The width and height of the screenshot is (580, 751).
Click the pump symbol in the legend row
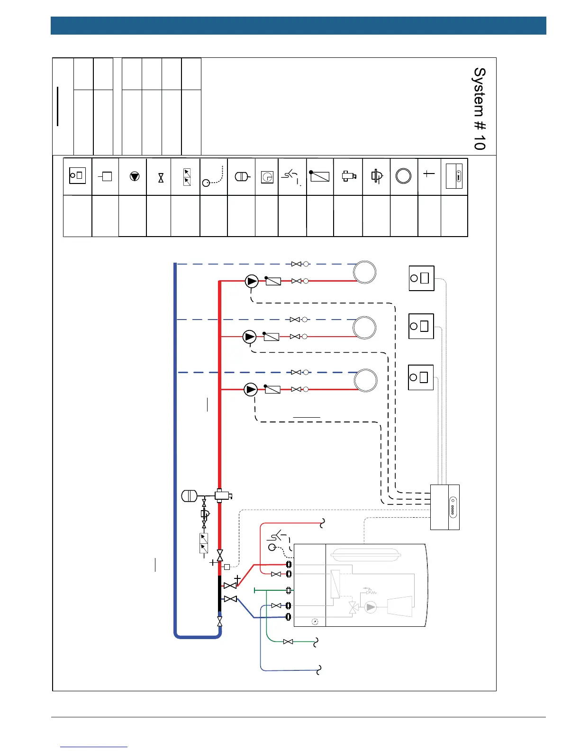(135, 176)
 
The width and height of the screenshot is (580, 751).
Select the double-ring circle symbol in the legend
(403, 176)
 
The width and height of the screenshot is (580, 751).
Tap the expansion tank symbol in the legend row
(242, 176)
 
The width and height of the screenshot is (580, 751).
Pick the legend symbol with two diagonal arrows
(187, 177)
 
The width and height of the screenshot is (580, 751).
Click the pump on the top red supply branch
(252, 281)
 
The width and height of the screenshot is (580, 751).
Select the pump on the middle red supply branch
(249, 337)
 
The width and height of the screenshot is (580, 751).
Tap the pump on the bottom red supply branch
(251, 390)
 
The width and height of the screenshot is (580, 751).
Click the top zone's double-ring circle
(365, 273)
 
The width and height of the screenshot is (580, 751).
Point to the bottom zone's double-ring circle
(366, 380)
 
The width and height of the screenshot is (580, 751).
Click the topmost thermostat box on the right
(421, 278)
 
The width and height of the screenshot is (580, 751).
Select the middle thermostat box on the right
(421, 326)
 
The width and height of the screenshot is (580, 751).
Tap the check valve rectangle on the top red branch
(273, 281)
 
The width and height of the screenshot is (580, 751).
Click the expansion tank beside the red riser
(190, 496)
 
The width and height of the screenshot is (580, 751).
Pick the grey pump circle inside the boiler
(371, 607)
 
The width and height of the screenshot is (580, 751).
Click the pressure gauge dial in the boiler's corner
(315, 622)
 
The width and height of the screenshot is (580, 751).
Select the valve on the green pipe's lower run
(288, 641)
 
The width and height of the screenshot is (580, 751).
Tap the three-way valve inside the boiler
(353, 608)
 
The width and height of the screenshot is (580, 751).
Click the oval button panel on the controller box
(453, 507)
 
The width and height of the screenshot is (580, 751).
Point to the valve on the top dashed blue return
(296, 264)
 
